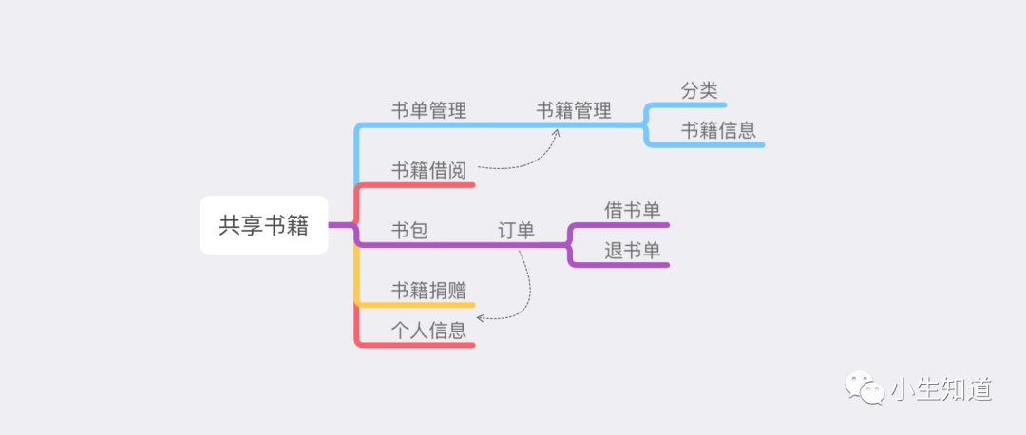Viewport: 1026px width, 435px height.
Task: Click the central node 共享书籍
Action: (263, 225)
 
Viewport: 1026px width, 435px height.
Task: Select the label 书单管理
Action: (429, 110)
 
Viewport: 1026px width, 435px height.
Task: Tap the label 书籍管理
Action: (574, 110)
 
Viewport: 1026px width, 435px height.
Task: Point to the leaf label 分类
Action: (699, 91)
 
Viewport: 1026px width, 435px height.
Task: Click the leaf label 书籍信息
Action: (718, 130)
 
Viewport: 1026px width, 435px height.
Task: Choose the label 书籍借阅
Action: (429, 170)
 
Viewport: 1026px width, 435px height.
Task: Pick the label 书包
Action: (410, 230)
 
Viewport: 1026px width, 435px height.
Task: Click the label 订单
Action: (516, 230)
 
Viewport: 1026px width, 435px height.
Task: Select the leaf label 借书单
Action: (633, 210)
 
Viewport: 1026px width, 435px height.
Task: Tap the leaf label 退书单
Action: (633, 250)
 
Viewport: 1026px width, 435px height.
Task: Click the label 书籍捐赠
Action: (429, 290)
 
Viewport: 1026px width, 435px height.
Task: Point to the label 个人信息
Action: (429, 330)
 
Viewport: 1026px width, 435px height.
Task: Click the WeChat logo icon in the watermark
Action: (866, 388)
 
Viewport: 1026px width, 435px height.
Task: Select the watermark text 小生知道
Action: (941, 389)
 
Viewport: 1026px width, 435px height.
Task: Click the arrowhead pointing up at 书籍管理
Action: (557, 132)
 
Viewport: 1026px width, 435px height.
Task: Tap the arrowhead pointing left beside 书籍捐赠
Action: (480, 316)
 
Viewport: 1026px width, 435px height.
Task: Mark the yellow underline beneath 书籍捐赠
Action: (418, 305)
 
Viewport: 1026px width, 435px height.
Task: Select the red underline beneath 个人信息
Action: (418, 345)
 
